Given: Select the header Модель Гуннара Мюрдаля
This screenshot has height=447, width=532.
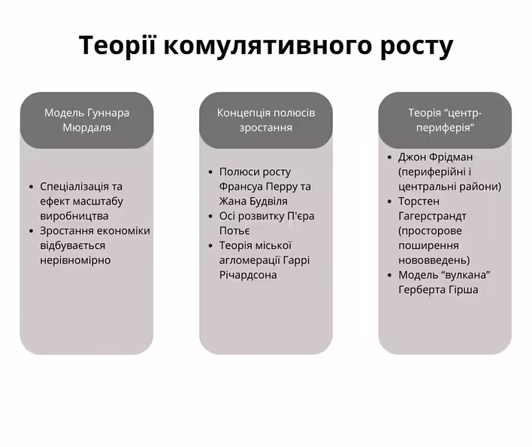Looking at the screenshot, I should (x=86, y=120).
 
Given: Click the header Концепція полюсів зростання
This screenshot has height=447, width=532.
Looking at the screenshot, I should (x=266, y=120).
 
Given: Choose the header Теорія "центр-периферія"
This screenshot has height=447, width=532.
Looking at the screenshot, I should (x=445, y=120).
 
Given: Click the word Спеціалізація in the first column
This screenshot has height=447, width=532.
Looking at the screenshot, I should (x=75, y=187).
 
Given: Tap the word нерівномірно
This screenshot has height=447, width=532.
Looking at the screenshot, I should (x=75, y=260).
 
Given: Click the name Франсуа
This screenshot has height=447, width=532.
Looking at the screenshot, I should (x=242, y=187).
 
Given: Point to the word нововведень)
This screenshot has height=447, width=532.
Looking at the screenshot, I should (x=434, y=260).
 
